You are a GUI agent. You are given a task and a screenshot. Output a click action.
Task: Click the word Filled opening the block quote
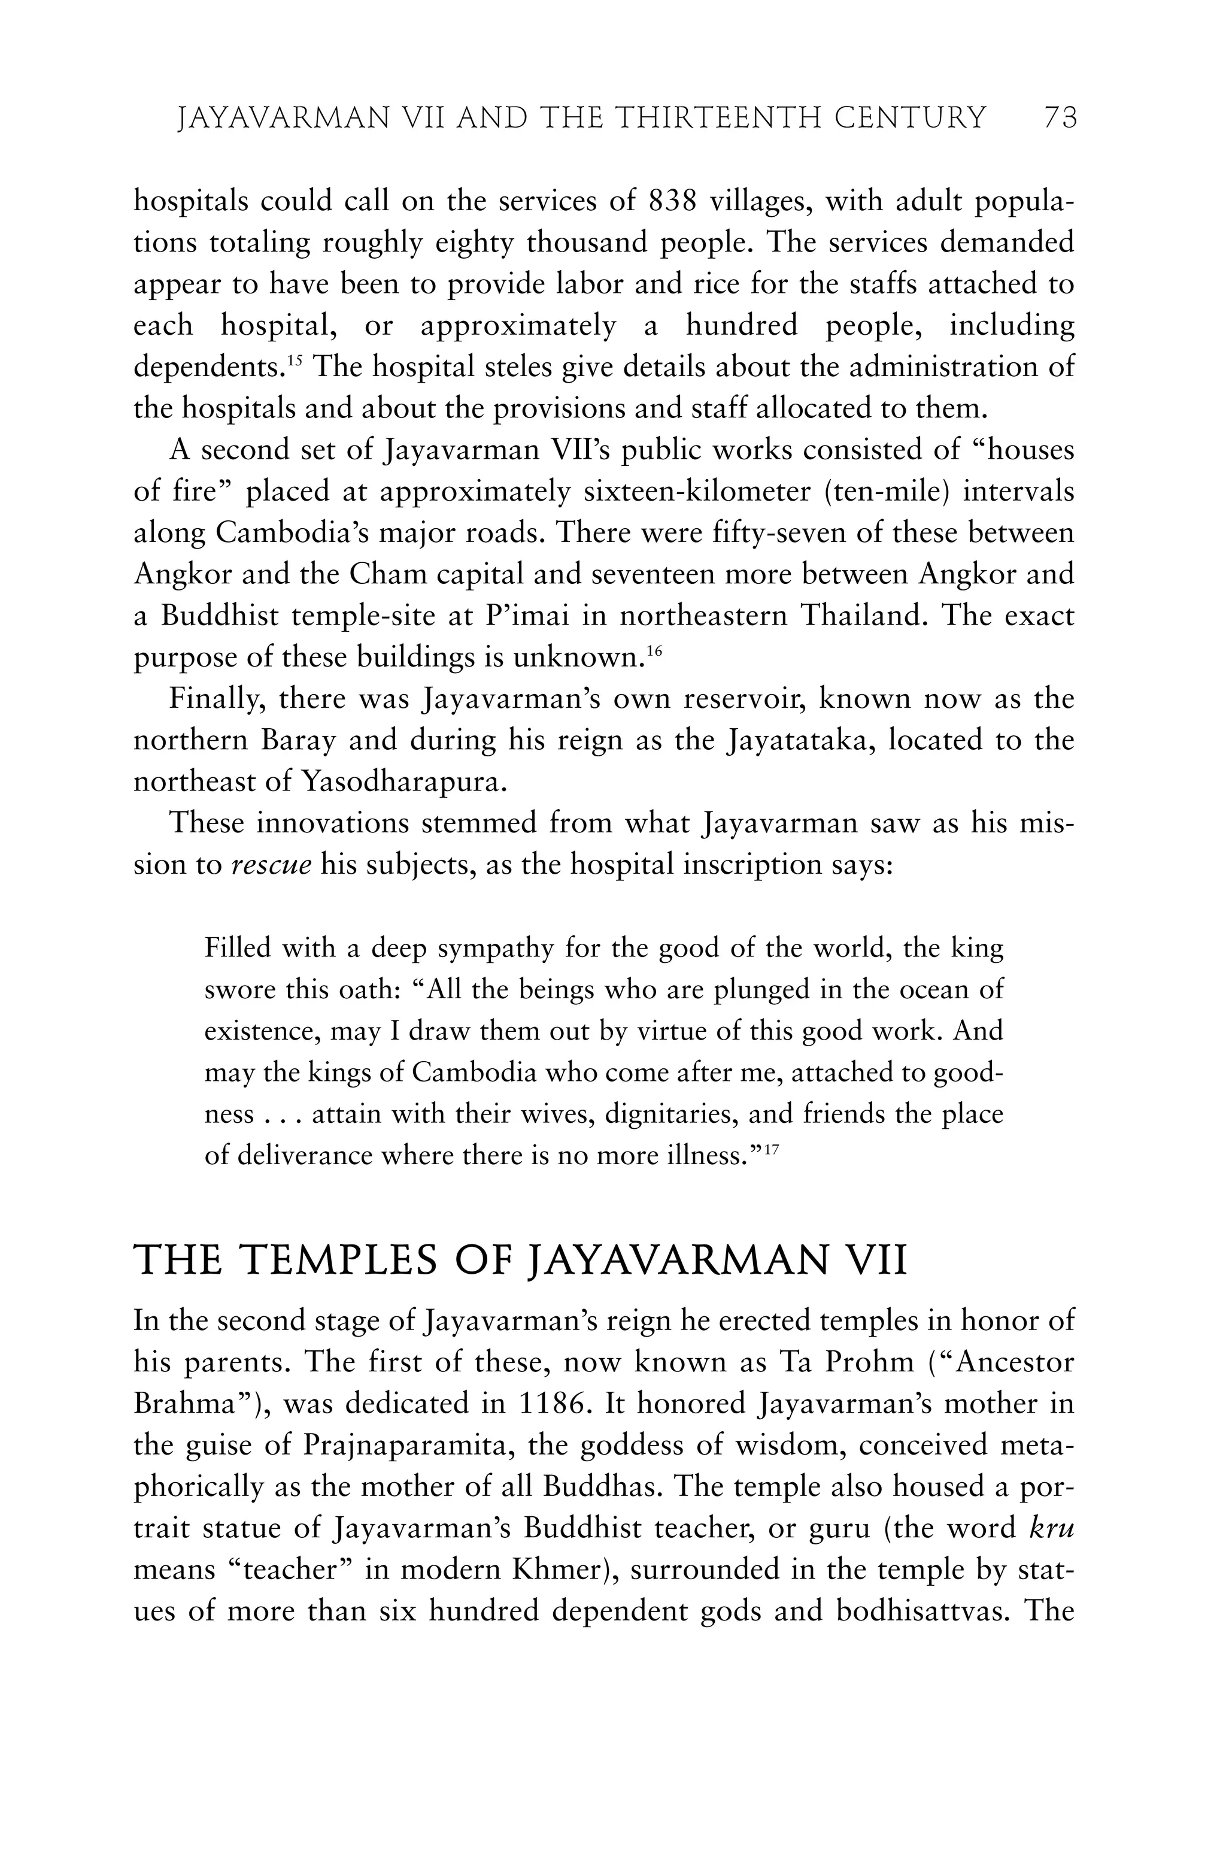tap(238, 949)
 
